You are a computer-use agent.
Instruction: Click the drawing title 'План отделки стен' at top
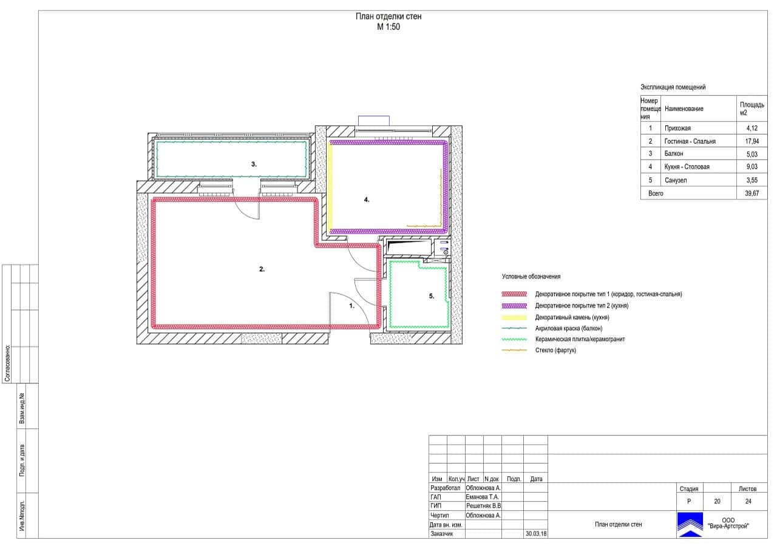(x=388, y=16)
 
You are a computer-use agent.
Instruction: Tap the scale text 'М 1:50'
(x=388, y=27)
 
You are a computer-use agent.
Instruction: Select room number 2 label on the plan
(x=262, y=269)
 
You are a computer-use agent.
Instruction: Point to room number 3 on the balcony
(x=254, y=164)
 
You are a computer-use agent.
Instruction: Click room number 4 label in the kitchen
(x=367, y=200)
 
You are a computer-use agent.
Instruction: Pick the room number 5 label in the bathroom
(x=432, y=296)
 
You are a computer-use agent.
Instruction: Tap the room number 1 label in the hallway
(x=351, y=306)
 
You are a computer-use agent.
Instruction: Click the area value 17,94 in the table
(x=752, y=141)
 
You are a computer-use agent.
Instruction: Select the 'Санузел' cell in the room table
(x=676, y=180)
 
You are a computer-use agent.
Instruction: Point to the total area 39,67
(x=752, y=194)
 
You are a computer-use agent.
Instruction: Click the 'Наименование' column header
(x=684, y=109)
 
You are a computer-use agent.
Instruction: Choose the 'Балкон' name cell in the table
(x=674, y=153)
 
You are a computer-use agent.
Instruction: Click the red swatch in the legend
(x=514, y=294)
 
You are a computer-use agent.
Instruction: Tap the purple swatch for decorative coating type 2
(x=514, y=306)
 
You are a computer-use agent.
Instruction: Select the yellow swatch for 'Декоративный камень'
(x=514, y=317)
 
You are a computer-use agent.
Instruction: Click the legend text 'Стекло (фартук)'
(x=555, y=350)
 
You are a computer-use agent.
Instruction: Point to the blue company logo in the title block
(x=690, y=525)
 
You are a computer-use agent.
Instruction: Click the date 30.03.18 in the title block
(x=536, y=534)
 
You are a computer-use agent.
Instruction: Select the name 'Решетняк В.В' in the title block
(x=483, y=506)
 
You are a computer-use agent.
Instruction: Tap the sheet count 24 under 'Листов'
(x=748, y=501)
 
